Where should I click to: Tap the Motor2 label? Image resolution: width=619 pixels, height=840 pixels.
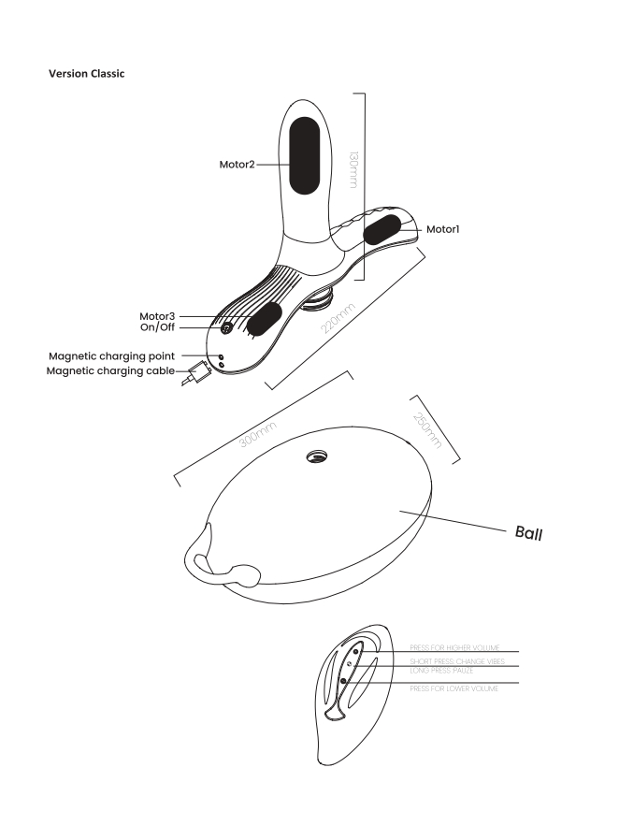[231, 163]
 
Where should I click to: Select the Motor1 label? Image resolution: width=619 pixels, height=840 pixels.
[443, 229]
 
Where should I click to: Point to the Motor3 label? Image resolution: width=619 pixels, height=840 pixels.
[159, 317]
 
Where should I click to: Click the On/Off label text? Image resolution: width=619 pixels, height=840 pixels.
[159, 327]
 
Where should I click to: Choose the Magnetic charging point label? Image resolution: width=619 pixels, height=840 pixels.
[131, 356]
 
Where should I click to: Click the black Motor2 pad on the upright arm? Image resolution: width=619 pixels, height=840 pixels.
[305, 154]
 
